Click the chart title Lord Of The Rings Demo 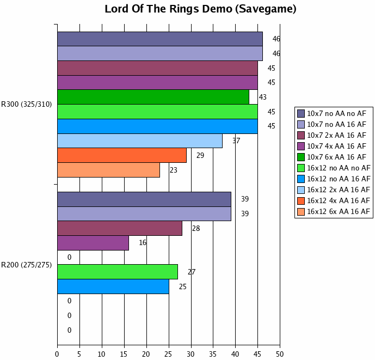pyautogui.click(x=200, y=9)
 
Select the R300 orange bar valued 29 pyautogui.click(x=122, y=155)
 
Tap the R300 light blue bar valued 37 pyautogui.click(x=140, y=141)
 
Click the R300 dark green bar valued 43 pyautogui.click(x=153, y=97)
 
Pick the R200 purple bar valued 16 pyautogui.click(x=93, y=243)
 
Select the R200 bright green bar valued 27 pyautogui.click(x=118, y=272)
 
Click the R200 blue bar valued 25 pyautogui.click(x=113, y=286)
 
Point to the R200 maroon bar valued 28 pyautogui.click(x=120, y=228)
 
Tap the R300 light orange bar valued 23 pyautogui.click(x=108, y=170)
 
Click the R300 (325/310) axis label pyautogui.click(x=27, y=105)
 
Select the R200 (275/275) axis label pyautogui.click(x=27, y=265)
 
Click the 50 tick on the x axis pyautogui.click(x=280, y=354)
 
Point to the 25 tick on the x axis pyautogui.click(x=169, y=354)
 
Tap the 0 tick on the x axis pyautogui.click(x=57, y=354)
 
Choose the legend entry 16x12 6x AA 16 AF pyautogui.click(x=338, y=211)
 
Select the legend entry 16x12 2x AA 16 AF pyautogui.click(x=338, y=190)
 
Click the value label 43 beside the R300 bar pyautogui.click(x=263, y=97)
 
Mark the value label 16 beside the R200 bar pyautogui.click(x=143, y=243)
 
